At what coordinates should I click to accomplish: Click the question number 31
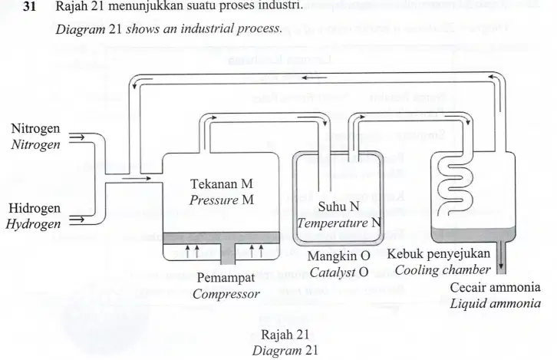click(30, 5)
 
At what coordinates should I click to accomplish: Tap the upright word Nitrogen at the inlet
click(35, 128)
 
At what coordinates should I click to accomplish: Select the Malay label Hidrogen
click(35, 208)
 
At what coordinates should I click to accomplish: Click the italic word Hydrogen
click(34, 224)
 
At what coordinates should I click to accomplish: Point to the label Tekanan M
click(222, 183)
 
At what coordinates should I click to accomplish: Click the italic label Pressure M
click(222, 200)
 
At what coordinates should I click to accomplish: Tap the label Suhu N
click(338, 206)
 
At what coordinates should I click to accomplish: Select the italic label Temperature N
click(339, 223)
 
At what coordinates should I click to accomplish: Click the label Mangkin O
click(339, 256)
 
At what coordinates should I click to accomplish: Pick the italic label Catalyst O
click(339, 272)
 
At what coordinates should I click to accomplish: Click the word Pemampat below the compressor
click(226, 278)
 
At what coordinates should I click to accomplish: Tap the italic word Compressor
click(226, 294)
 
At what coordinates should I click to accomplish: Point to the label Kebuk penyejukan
click(438, 254)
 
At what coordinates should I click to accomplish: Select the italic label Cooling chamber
click(443, 270)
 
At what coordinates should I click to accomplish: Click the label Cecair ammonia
click(495, 287)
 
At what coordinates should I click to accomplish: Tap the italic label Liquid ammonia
click(495, 303)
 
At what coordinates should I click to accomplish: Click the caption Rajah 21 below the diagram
click(285, 335)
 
